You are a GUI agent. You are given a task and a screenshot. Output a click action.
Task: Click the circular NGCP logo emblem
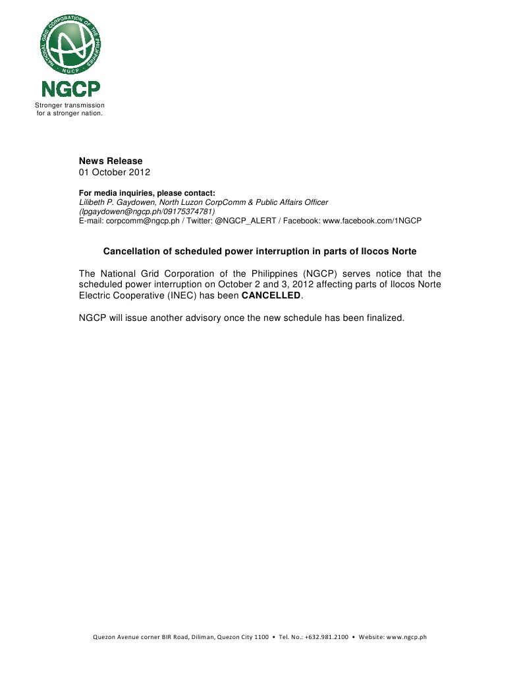click(70, 44)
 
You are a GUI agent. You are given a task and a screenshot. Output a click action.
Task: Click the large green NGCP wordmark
click(70, 89)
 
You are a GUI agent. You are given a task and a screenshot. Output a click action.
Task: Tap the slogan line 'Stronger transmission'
click(70, 105)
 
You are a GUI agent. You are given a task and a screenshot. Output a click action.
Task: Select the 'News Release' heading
click(111, 161)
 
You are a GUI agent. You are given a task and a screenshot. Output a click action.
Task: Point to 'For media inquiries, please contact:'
click(147, 193)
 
